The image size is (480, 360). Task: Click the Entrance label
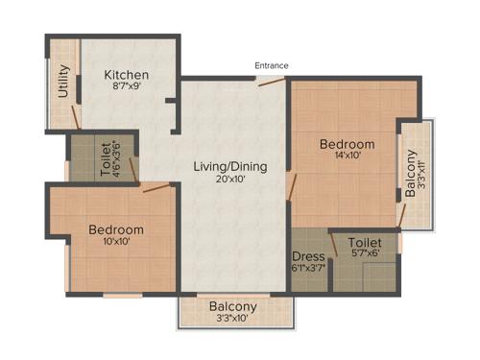click(x=272, y=65)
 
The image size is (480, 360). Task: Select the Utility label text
click(x=63, y=82)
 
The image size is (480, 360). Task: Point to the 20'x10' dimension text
click(x=230, y=179)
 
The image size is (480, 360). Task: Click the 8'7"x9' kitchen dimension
click(x=126, y=87)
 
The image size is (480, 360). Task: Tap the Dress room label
click(x=307, y=255)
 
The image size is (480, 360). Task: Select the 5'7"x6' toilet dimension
click(x=365, y=254)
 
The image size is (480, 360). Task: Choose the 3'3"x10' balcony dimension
click(x=233, y=319)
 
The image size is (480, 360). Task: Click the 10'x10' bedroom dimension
click(x=116, y=241)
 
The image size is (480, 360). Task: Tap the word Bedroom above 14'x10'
click(x=348, y=144)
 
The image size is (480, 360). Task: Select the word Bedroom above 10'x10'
click(x=116, y=229)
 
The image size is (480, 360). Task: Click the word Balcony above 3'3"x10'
click(x=233, y=307)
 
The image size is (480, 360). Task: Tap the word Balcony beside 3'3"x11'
click(x=411, y=173)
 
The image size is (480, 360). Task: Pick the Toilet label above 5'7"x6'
click(x=365, y=243)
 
